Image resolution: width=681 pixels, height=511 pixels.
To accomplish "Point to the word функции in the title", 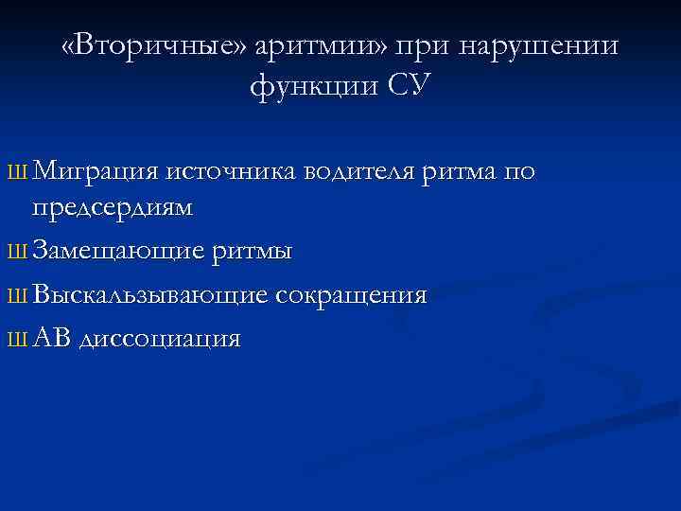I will [x=313, y=86].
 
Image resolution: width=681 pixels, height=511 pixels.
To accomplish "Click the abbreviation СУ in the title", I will [x=409, y=86].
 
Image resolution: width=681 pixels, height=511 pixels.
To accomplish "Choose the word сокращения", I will [x=351, y=295].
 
